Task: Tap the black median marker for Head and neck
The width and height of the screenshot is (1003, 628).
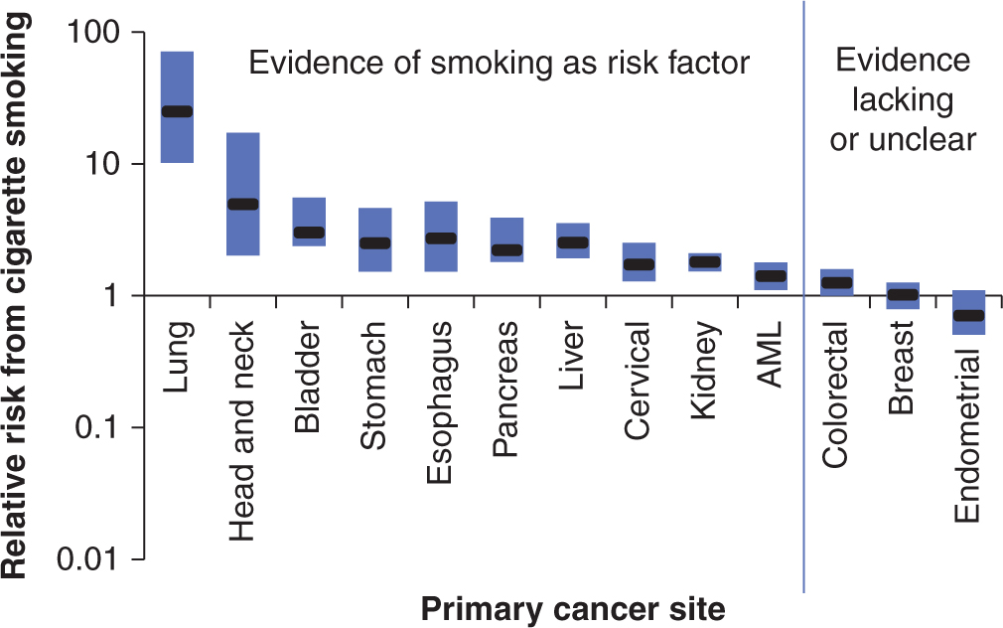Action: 243,204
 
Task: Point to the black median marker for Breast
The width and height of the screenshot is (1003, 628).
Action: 903,294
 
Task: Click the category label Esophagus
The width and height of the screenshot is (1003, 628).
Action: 441,401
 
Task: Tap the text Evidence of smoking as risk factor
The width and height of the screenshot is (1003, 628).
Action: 498,65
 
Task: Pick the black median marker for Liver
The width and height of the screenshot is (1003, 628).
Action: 572,242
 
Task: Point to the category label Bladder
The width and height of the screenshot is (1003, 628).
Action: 309,376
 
